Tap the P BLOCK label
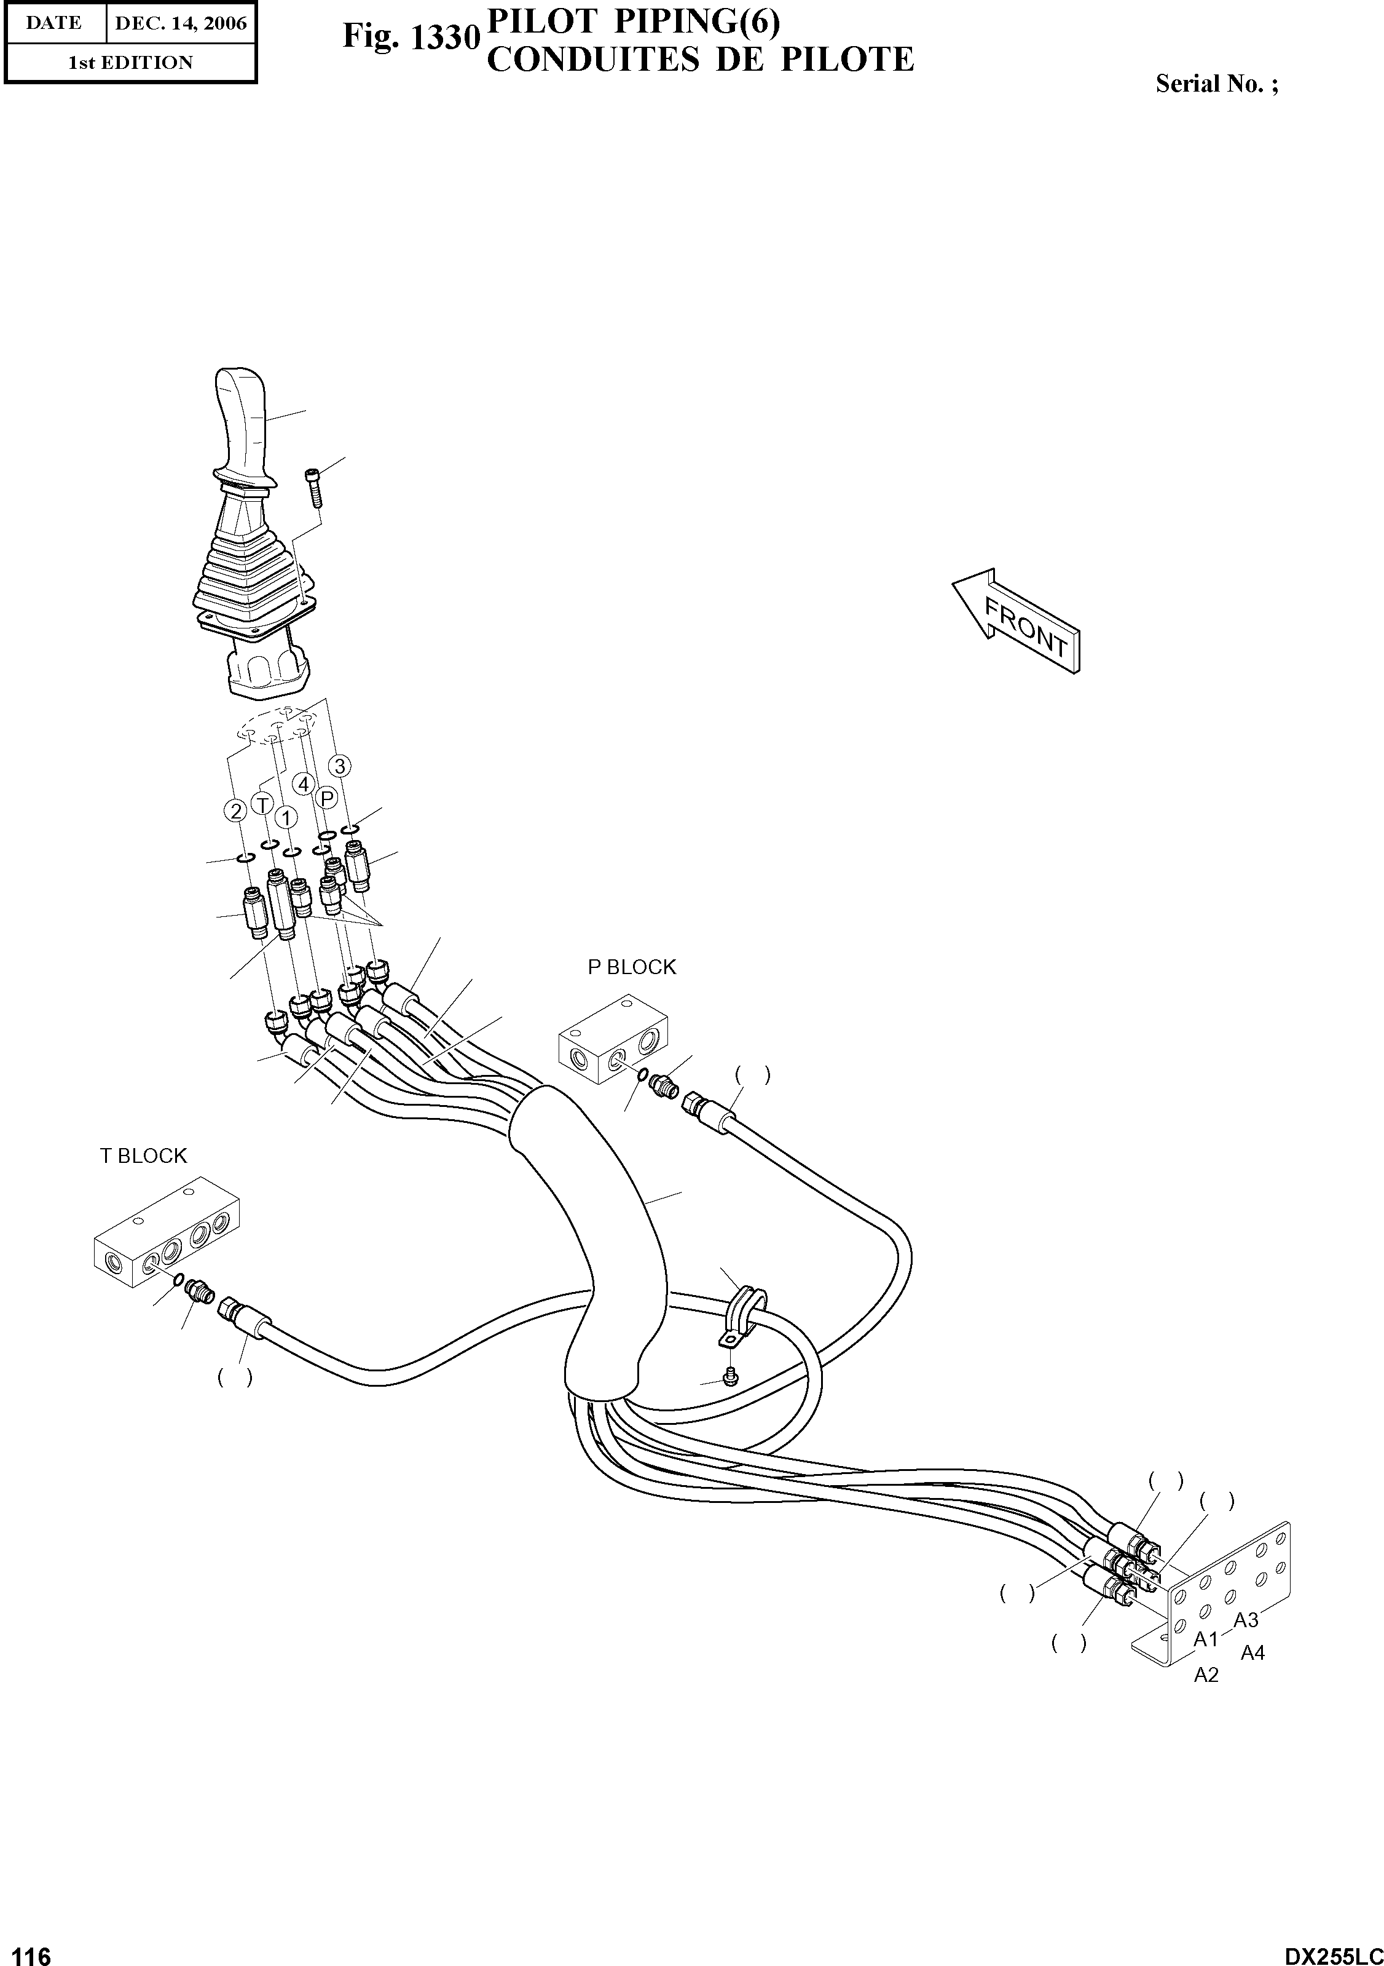(632, 967)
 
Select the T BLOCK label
(143, 1156)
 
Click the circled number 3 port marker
(340, 766)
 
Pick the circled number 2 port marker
(235, 810)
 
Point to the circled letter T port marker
(262, 805)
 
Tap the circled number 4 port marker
(303, 783)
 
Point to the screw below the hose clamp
(730, 1376)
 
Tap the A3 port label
(1246, 1619)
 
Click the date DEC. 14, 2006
(181, 24)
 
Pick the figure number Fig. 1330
(409, 38)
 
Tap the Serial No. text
(1216, 84)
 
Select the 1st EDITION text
(130, 63)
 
